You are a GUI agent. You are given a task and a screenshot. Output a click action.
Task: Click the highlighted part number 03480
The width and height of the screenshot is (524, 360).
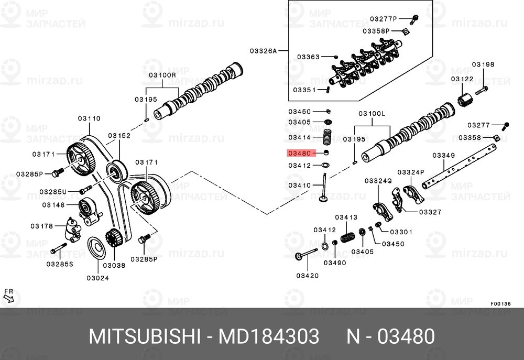(299, 154)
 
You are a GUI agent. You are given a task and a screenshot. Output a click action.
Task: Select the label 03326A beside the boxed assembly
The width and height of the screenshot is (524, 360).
(263, 51)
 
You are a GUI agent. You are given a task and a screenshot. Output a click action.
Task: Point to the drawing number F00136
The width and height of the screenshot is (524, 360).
(500, 303)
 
